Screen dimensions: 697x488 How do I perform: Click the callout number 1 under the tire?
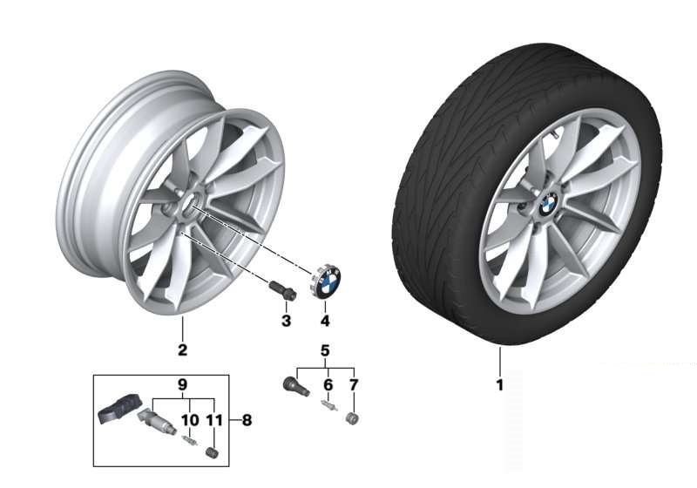coord(499,385)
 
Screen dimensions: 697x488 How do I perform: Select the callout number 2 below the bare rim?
coord(182,349)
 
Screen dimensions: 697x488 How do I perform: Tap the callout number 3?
coord(287,321)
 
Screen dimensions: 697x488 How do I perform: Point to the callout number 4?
coord(325,321)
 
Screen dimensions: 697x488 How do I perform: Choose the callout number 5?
coord(325,350)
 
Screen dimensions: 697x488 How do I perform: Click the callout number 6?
coord(328,385)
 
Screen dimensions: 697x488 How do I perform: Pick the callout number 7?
coord(354,385)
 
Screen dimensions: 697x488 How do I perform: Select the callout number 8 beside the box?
coord(247,420)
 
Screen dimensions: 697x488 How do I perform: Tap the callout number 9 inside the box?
coord(182,385)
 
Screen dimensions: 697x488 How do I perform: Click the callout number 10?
coord(190,419)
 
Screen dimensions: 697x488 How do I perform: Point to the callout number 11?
coord(214,419)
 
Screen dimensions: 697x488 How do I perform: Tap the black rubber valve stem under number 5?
coord(296,385)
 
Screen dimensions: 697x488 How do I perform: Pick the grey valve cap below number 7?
coord(352,418)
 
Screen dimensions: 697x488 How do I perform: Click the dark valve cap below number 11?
coord(213,453)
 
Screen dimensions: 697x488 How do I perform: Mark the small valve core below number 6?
coord(329,405)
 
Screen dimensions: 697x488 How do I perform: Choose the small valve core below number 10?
coord(190,440)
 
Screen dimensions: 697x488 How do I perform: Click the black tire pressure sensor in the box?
coord(118,408)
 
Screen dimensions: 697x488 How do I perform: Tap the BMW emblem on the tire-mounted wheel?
coord(548,205)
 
